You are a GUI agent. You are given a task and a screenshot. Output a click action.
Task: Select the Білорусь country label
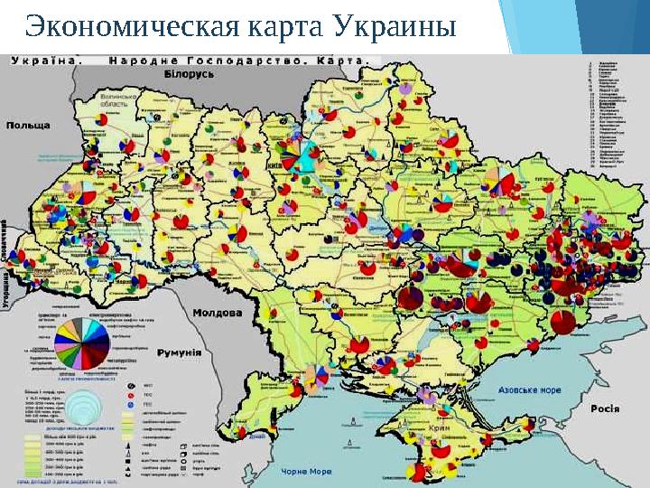point(189,75)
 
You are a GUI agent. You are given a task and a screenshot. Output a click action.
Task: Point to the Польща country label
point(28,125)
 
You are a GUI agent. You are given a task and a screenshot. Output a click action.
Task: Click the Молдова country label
point(218,313)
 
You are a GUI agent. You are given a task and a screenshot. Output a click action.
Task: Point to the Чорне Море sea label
point(307,472)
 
